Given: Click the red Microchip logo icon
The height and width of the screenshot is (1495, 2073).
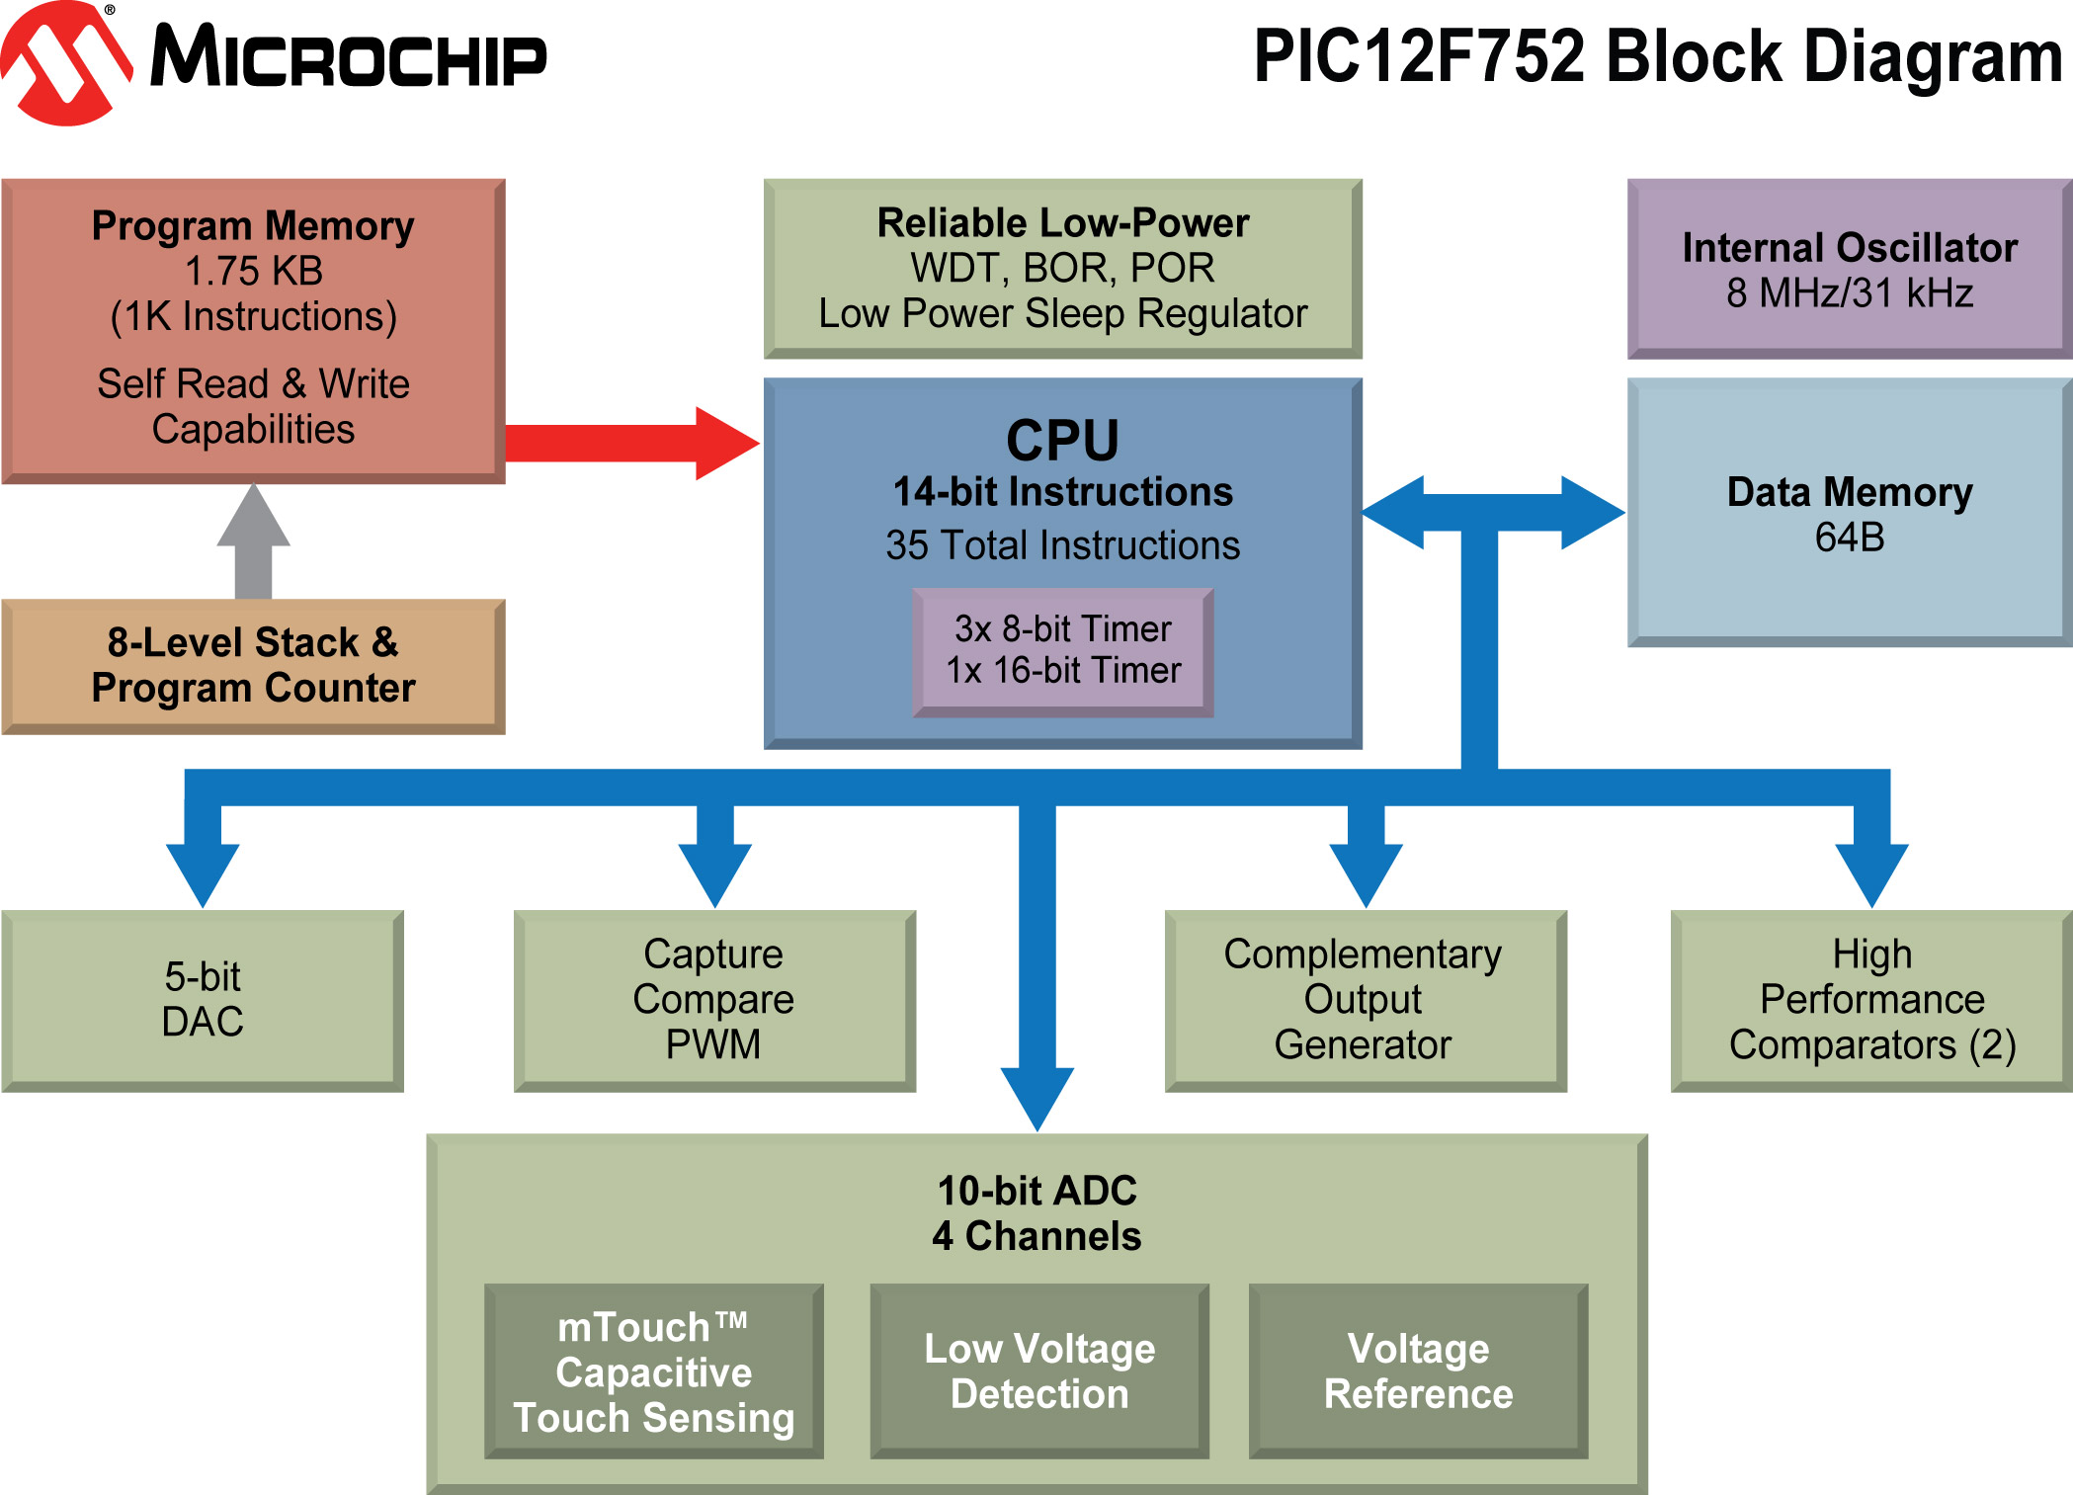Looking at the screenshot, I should [x=65, y=63].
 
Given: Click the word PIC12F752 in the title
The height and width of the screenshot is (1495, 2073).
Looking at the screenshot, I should [x=1419, y=57].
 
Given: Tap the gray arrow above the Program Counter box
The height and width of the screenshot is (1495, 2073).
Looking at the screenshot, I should [x=254, y=540].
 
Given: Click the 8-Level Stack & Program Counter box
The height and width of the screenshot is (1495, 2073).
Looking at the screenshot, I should [x=253, y=666].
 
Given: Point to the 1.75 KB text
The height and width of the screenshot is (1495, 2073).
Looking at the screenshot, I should [x=254, y=271].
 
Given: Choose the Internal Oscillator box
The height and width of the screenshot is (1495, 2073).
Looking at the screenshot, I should [x=1849, y=269].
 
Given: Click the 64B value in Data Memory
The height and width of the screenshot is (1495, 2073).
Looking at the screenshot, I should [x=1849, y=538].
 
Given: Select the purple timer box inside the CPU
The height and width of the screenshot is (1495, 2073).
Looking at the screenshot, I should [x=1063, y=651].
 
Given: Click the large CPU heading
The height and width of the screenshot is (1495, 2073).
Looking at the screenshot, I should [x=1062, y=441].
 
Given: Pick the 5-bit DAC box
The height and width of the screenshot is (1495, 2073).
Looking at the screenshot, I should [x=203, y=1000].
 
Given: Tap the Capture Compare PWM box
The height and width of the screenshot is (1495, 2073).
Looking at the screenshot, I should [x=713, y=1000].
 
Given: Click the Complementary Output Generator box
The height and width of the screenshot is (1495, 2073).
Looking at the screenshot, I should [x=1364, y=1000].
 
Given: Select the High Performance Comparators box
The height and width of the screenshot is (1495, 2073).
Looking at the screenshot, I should [x=1871, y=1000].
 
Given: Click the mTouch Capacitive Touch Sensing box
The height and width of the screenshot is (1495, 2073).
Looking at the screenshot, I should [x=653, y=1371].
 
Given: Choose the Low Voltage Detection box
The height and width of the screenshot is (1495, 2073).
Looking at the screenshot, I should [x=1039, y=1371].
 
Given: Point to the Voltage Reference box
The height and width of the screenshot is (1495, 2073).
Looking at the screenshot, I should [x=1418, y=1371].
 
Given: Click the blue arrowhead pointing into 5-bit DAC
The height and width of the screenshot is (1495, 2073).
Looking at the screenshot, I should [x=203, y=873].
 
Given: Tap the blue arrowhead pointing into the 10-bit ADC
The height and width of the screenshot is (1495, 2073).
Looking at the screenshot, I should [x=1037, y=1097].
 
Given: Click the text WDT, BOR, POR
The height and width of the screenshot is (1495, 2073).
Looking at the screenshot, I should [x=1062, y=268].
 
